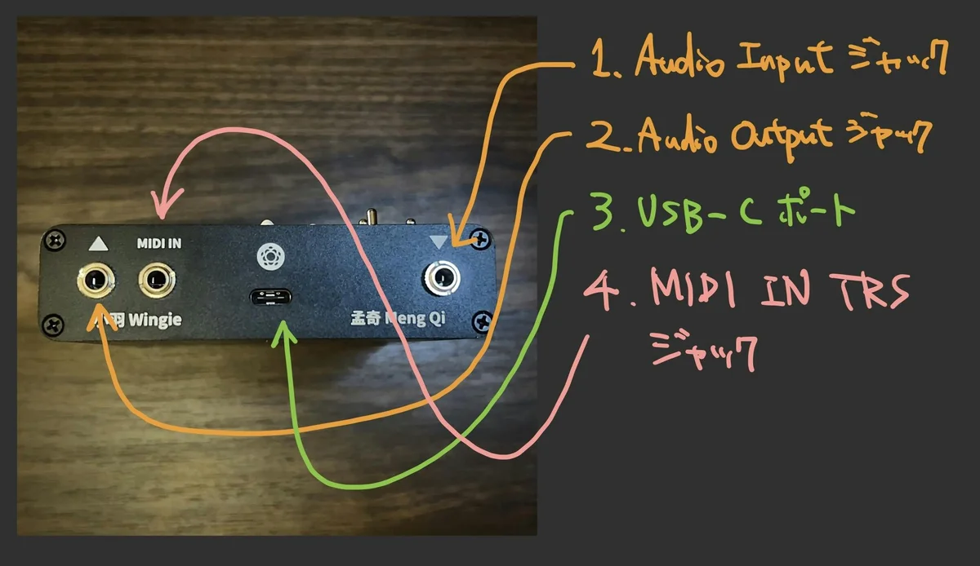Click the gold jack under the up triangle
click(95, 281)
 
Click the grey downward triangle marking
click(440, 241)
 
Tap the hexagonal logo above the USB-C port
click(269, 255)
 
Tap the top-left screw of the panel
click(55, 241)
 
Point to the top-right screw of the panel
click(480, 240)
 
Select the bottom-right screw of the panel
click(480, 320)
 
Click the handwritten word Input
click(784, 62)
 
